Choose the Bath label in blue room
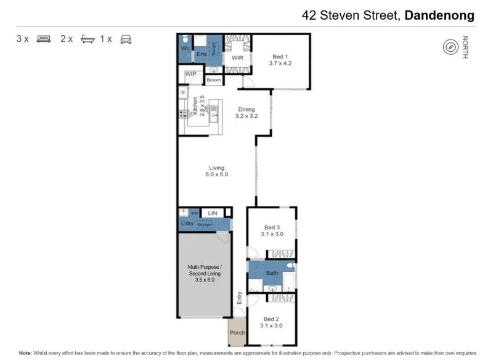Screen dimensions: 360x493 click(272, 272)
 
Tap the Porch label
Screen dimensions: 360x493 click(237, 333)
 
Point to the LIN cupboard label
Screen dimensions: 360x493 click(212, 213)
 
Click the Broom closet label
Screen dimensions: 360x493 click(213, 80)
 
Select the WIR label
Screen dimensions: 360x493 click(238, 57)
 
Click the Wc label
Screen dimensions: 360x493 click(185, 48)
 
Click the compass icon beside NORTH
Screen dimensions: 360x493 click(450, 47)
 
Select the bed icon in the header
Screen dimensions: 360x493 click(43, 39)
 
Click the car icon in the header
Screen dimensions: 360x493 click(126, 39)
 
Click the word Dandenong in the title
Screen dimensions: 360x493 click(440, 15)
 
